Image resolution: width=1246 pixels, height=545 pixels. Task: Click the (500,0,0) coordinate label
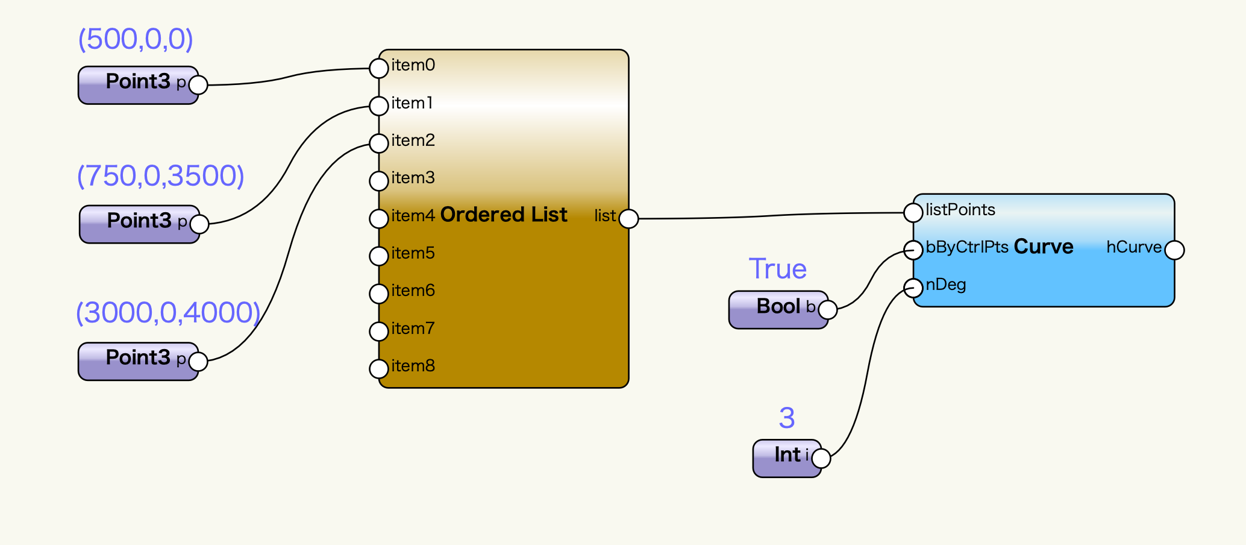click(136, 40)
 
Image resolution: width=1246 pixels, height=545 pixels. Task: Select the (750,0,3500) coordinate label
click(160, 176)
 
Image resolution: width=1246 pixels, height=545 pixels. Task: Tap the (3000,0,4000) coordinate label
click(167, 313)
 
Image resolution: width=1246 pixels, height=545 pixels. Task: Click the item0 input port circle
click(378, 68)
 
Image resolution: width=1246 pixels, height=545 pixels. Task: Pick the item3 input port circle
click(378, 181)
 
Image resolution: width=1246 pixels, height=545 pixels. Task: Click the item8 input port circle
click(378, 368)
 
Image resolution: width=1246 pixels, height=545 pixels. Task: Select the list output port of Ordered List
click(628, 219)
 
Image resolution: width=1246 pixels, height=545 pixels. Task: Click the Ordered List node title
click(504, 215)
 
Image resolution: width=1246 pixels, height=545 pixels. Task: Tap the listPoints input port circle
click(913, 212)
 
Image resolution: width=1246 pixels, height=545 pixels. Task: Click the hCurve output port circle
click(1174, 250)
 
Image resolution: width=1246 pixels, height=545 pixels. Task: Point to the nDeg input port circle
click(913, 288)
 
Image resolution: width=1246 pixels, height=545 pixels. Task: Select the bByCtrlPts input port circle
click(913, 250)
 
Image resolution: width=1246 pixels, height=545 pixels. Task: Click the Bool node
click(778, 309)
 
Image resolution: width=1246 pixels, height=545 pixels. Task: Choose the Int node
click(786, 458)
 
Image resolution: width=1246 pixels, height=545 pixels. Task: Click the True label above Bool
click(777, 269)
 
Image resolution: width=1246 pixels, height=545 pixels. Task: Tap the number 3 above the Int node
click(787, 418)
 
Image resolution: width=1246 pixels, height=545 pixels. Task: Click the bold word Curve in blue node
click(1044, 247)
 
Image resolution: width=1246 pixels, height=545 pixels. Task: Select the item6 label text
click(413, 291)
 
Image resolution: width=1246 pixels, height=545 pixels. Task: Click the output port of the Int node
click(821, 458)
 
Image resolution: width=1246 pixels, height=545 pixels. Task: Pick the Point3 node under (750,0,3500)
click(139, 224)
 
